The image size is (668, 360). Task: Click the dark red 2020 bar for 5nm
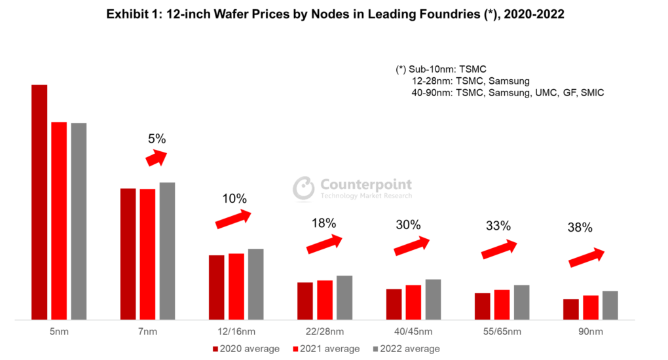(39, 202)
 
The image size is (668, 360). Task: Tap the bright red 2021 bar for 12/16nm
(236, 286)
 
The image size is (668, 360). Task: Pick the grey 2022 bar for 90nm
(610, 305)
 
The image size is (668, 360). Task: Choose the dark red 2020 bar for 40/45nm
(394, 304)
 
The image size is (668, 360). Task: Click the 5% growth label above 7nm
(157, 139)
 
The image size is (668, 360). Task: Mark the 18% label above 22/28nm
(324, 223)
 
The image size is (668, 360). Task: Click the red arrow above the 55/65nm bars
(500, 249)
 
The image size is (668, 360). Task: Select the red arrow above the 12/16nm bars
(234, 219)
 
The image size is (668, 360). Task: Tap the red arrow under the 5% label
(156, 158)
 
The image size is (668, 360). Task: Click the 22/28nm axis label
(324, 332)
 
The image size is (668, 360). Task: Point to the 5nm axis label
(58, 332)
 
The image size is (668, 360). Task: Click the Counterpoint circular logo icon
(303, 188)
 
